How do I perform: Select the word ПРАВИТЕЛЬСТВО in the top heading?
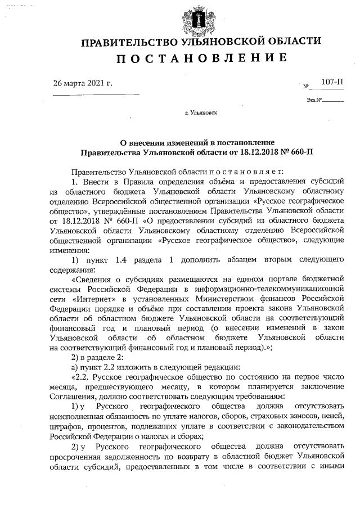130,41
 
